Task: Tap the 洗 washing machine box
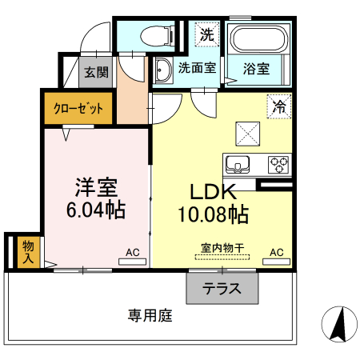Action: click(x=206, y=34)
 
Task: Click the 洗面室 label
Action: click(x=197, y=69)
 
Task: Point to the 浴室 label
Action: click(x=257, y=69)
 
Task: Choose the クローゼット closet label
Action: click(x=78, y=109)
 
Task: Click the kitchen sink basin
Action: click(x=238, y=165)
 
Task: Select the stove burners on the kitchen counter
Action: click(x=278, y=164)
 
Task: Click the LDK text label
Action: click(x=212, y=193)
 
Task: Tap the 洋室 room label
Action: click(x=97, y=189)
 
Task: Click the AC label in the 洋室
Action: click(x=132, y=252)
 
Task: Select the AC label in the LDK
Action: click(x=277, y=252)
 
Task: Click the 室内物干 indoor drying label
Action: click(x=222, y=249)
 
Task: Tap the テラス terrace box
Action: click(x=222, y=289)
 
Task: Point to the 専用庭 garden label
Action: click(x=150, y=315)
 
